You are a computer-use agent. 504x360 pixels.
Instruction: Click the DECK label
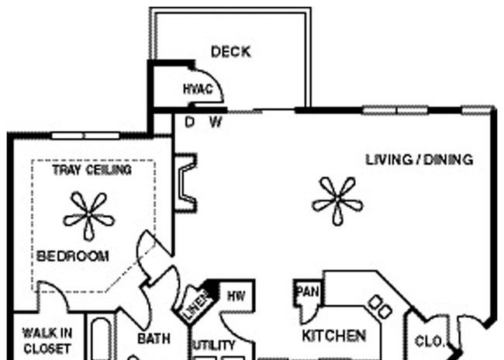(x=231, y=52)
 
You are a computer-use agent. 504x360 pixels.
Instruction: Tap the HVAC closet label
(x=198, y=89)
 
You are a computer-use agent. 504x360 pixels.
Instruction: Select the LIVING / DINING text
(x=419, y=160)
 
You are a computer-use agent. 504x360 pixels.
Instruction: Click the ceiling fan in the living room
(x=337, y=201)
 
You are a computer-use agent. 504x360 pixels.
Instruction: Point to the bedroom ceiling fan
(x=89, y=216)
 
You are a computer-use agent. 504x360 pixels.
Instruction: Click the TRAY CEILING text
(x=92, y=170)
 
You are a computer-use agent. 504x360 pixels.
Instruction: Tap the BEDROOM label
(x=73, y=256)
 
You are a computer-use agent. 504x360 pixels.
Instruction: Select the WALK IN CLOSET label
(x=47, y=341)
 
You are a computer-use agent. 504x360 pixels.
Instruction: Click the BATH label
(x=154, y=338)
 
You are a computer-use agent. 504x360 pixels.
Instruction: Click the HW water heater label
(x=236, y=296)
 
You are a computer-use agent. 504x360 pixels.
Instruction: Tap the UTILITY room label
(x=214, y=345)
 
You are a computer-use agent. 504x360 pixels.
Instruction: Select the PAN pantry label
(x=308, y=292)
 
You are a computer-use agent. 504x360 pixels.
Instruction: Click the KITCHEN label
(x=334, y=336)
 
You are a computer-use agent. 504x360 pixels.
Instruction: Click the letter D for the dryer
(x=190, y=122)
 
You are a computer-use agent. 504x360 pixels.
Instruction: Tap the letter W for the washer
(x=216, y=122)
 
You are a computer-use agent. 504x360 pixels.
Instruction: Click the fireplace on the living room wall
(x=185, y=183)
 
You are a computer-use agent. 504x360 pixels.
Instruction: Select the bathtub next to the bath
(x=102, y=338)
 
